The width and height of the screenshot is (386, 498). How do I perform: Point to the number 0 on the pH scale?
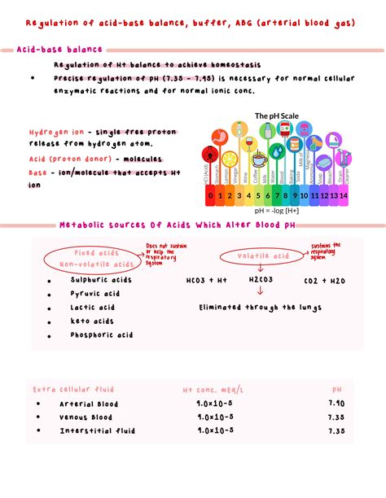coord(211,195)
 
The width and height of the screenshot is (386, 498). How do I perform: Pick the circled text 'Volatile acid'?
coord(263,256)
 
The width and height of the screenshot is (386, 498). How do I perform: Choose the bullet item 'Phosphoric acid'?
coord(101,334)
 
